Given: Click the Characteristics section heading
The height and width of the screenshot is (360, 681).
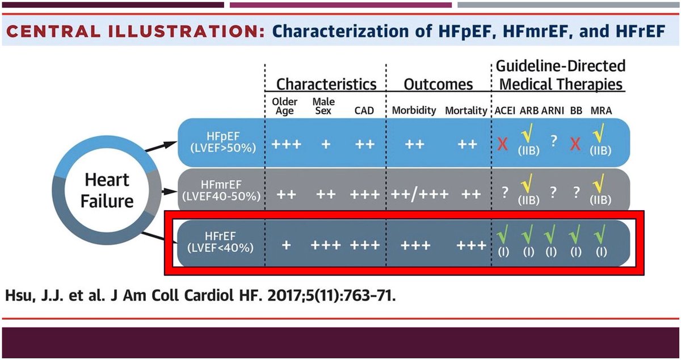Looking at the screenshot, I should click(x=326, y=84).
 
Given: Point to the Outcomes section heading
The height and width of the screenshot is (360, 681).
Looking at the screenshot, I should click(x=438, y=84).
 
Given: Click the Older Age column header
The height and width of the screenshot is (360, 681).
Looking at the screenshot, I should click(x=285, y=106).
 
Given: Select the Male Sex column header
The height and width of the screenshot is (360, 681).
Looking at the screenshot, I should click(x=323, y=106).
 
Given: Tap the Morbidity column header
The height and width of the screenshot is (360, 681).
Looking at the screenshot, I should click(x=414, y=110).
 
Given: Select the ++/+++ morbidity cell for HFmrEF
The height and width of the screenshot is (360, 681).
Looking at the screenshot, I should click(x=420, y=194).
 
